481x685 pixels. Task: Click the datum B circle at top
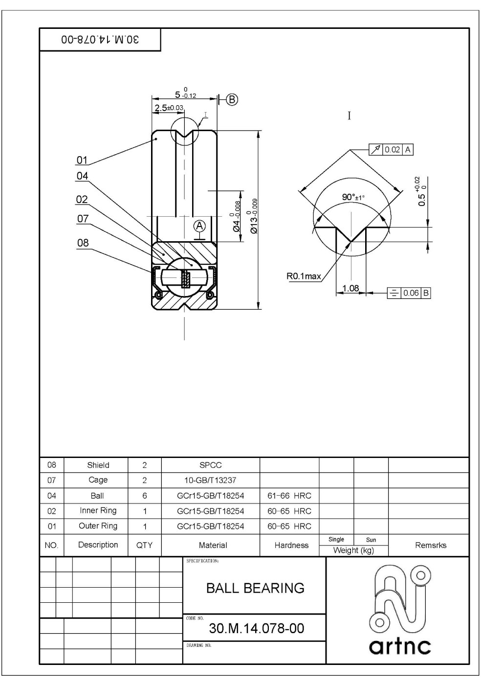pos(232,100)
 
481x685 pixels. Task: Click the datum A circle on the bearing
pos(199,226)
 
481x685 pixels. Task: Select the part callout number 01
pos(82,160)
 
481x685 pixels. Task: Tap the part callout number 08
pos(83,243)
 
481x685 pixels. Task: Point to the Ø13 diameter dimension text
pos(253,216)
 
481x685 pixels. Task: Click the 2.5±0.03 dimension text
pos(169,108)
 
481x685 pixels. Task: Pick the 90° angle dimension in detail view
pos(353,197)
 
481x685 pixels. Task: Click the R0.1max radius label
pos(304,276)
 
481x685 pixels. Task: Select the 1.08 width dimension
pos(350,288)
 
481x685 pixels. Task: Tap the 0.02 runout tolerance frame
pos(391,150)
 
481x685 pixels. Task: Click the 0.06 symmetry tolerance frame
pos(409,293)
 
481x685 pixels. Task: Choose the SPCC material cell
pos(211,465)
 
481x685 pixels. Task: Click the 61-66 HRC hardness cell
pos(289,496)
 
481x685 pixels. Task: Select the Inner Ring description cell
pos(98,511)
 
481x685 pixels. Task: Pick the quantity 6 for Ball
pos(144,496)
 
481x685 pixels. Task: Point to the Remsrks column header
pos(430,545)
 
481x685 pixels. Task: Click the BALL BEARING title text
pos(255,588)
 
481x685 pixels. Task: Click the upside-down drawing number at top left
pos(100,40)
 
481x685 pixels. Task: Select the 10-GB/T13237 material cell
pos(211,480)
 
